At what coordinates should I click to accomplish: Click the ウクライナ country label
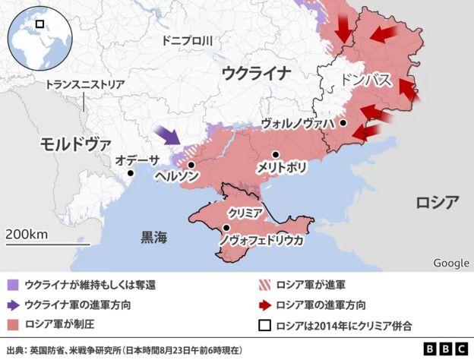257,73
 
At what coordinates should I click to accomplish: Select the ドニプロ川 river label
187,43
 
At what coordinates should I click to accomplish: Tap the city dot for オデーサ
131,173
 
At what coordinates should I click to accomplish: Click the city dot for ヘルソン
191,164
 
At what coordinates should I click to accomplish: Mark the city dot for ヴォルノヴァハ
343,122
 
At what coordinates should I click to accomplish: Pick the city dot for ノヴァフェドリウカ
226,228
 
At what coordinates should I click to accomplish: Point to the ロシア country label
437,202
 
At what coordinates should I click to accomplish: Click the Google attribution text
450,263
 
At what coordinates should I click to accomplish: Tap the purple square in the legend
12,286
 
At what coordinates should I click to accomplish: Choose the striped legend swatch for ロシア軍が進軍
264,286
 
